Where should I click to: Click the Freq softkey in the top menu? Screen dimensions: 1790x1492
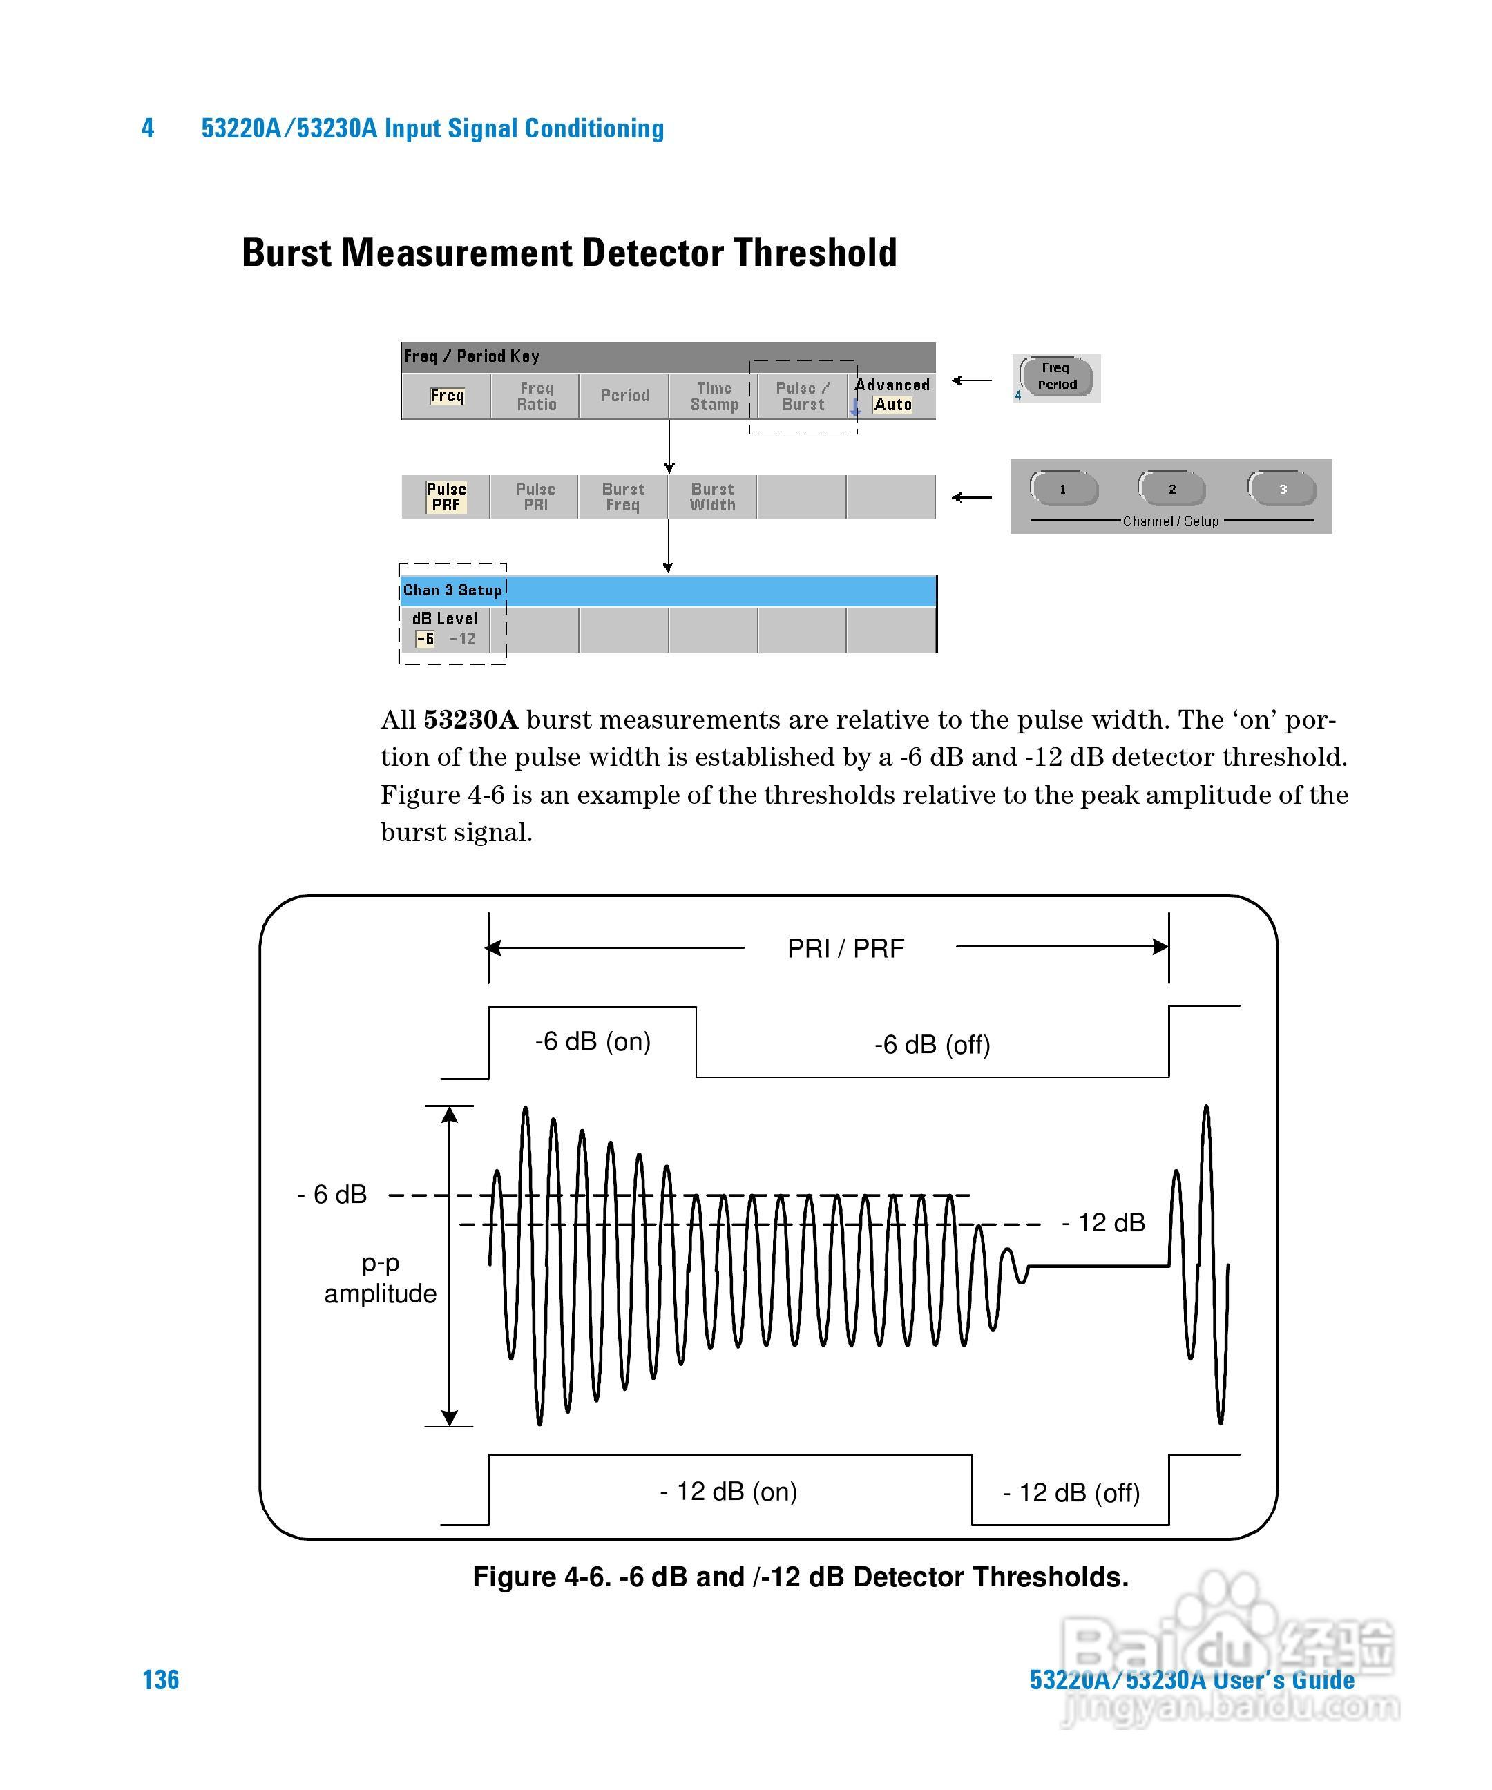point(447,396)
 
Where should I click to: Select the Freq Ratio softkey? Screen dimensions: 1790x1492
point(536,396)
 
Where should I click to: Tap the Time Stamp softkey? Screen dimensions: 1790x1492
point(714,396)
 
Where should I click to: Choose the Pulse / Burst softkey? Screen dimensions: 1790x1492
point(802,396)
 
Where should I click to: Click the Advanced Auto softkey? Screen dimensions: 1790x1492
point(892,396)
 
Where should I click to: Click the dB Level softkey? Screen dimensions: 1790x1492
point(445,629)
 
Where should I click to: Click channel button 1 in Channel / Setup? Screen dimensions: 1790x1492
point(1063,489)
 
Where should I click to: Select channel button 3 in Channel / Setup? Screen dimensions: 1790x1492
point(1282,489)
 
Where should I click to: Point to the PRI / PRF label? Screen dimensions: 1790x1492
point(845,948)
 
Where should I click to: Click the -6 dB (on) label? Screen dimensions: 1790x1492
point(593,1041)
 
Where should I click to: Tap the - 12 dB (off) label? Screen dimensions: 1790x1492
point(1071,1493)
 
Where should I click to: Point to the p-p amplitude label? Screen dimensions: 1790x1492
point(380,1278)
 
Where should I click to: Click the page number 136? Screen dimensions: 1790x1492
point(160,1680)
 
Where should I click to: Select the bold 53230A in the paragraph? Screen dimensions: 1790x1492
point(470,720)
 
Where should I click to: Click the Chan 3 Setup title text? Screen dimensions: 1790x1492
point(452,590)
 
